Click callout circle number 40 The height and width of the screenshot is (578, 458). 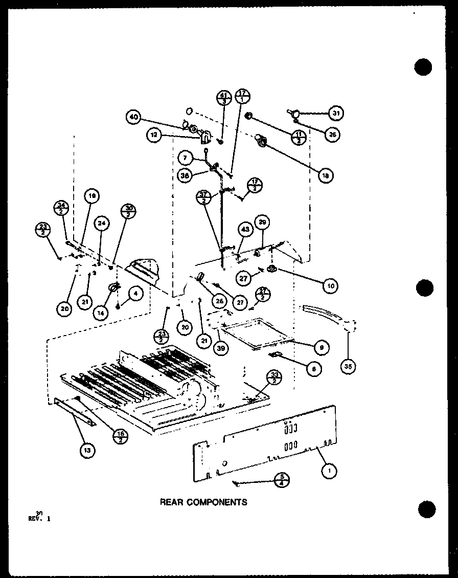pyautogui.click(x=134, y=117)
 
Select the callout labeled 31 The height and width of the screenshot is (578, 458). pyautogui.click(x=336, y=113)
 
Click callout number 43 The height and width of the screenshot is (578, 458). pyautogui.click(x=245, y=230)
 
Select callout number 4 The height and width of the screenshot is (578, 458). pyautogui.click(x=135, y=293)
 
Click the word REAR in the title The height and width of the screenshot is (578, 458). pyautogui.click(x=171, y=502)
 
